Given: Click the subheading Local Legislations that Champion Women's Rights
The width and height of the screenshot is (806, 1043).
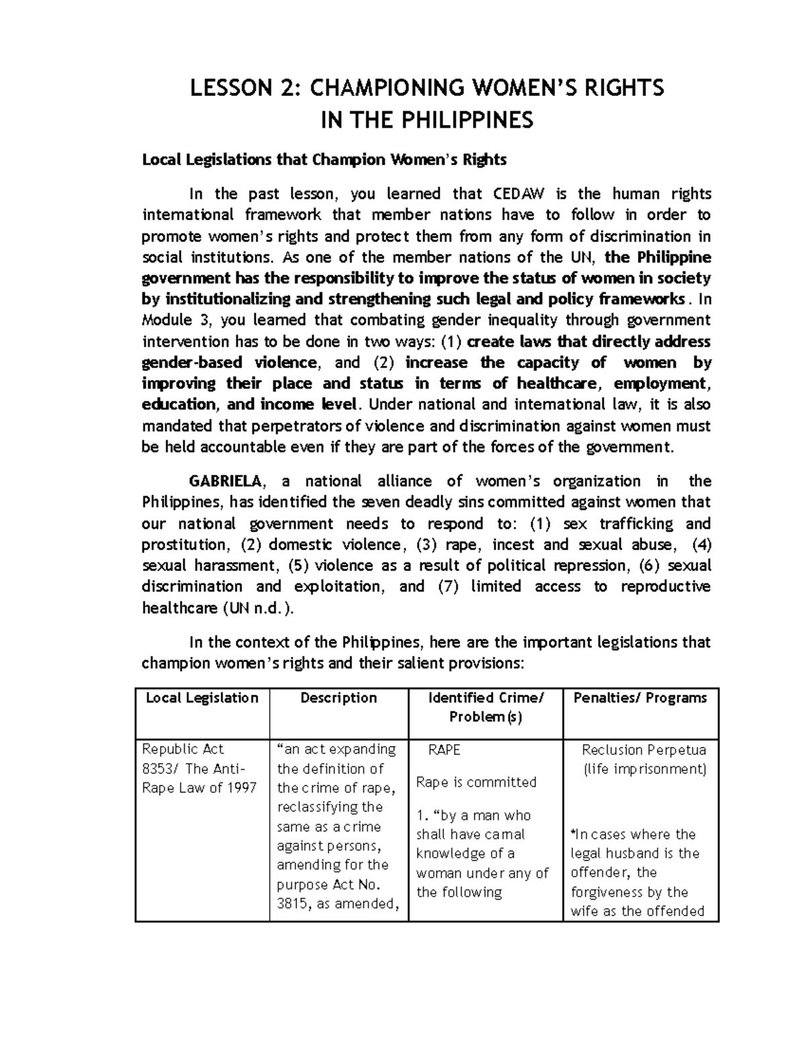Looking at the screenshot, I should [324, 160].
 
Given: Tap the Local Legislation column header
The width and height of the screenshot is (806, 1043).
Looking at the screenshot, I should [202, 698].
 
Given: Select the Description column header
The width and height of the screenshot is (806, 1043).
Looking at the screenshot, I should [339, 698].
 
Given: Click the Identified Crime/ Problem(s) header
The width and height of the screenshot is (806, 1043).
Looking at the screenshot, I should [485, 707].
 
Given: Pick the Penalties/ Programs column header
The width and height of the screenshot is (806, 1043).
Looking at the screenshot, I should [640, 698].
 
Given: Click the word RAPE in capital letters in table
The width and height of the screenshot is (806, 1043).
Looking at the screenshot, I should [444, 750].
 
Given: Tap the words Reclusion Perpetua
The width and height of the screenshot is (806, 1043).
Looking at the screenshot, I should [644, 750].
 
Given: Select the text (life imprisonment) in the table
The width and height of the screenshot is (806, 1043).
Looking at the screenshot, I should [644, 770].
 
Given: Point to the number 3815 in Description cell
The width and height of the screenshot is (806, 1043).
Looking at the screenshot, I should [294, 904].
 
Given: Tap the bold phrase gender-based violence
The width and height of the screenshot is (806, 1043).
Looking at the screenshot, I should [228, 363].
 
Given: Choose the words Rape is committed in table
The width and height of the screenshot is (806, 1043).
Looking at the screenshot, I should [476, 782].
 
